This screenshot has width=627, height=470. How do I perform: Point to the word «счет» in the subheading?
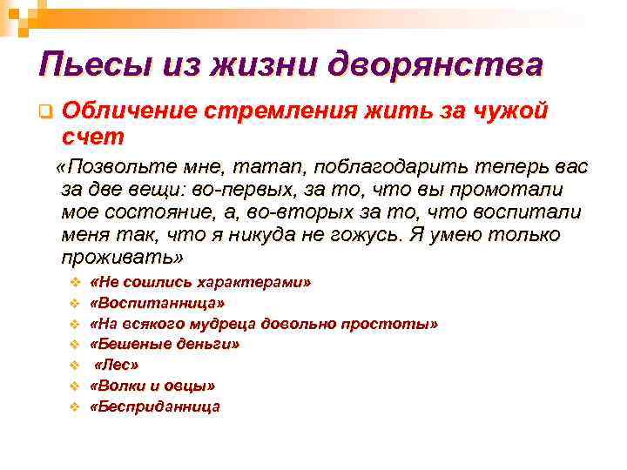94,137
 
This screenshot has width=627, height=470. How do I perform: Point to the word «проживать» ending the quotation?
122,258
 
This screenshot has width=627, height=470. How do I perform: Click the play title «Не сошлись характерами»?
201,283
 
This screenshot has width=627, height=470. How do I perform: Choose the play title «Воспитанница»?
158,303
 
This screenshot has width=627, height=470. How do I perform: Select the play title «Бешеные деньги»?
165,344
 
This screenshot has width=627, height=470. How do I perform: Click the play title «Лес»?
118,365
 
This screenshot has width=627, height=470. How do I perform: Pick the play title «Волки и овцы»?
153,385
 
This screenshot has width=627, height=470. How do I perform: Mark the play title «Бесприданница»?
156,406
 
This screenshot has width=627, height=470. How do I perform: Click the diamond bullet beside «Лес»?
74,365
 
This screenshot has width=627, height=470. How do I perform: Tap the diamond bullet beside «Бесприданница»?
74,406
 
